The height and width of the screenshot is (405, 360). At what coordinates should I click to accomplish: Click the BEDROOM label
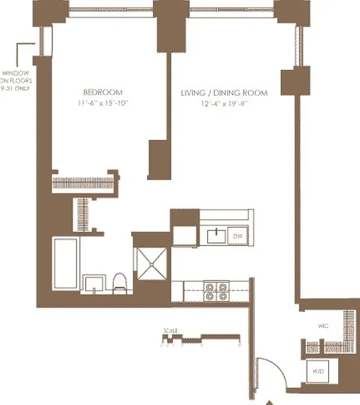(x=103, y=92)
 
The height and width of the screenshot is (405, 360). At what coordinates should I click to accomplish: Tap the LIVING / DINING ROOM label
(x=224, y=93)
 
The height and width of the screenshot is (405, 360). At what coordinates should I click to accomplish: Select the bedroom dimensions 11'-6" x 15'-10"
(x=103, y=103)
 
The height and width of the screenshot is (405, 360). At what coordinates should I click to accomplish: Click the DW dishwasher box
(x=238, y=236)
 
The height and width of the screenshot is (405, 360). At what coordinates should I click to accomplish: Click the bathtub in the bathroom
(x=66, y=264)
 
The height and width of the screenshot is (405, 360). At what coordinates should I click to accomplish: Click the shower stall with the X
(x=153, y=264)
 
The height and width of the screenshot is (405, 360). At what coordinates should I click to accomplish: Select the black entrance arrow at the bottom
(x=269, y=400)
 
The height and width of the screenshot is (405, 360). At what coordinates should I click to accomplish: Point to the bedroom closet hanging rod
(x=83, y=182)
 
